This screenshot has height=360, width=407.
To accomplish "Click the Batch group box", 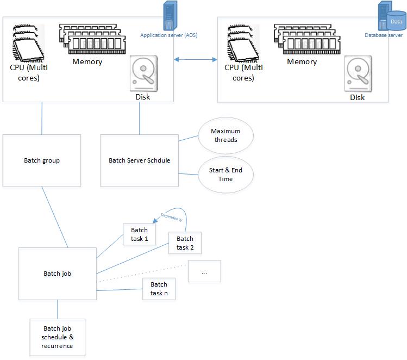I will (x=42, y=160).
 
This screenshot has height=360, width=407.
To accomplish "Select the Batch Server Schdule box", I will (x=140, y=160).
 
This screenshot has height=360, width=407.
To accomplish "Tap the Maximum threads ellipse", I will (x=226, y=135).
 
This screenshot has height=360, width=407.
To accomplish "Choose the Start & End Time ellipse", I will (x=224, y=175).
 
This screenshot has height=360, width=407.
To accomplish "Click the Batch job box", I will (x=58, y=274).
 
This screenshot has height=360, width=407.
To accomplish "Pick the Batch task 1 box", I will (x=139, y=234).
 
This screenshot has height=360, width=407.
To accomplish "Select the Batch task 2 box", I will (x=185, y=243).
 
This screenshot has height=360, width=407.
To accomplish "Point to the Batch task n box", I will (x=159, y=289).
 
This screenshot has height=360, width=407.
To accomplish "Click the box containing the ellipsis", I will (x=204, y=271).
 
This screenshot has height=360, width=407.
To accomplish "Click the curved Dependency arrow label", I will (x=172, y=216).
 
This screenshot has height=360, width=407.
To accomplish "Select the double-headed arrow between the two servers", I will (x=195, y=59).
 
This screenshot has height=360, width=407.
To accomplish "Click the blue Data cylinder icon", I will (x=396, y=22).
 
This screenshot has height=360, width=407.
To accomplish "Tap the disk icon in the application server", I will (x=142, y=75).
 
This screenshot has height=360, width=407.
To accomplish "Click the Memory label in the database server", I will (x=302, y=61).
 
